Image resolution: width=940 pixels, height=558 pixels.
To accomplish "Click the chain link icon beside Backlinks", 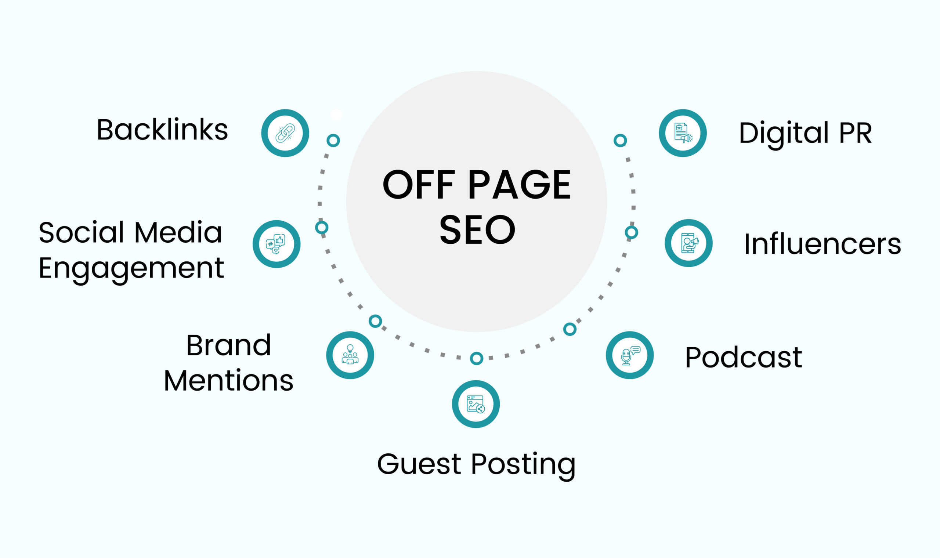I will pyautogui.click(x=285, y=133).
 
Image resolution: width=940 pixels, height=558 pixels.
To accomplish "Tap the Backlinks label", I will pyautogui.click(x=162, y=130).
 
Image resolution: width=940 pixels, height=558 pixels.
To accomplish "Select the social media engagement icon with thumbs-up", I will pyautogui.click(x=276, y=244).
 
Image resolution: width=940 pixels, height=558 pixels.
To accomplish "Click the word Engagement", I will pyautogui.click(x=131, y=268).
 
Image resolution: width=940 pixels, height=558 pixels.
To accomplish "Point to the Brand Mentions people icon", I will pyautogui.click(x=350, y=355).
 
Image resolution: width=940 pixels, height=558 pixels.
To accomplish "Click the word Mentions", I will pyautogui.click(x=228, y=381).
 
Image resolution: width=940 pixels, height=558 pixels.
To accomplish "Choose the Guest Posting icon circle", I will pyautogui.click(x=476, y=404).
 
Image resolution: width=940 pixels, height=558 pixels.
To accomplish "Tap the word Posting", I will pyautogui.click(x=523, y=464).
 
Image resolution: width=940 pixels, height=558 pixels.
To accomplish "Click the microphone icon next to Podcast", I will pyautogui.click(x=629, y=355).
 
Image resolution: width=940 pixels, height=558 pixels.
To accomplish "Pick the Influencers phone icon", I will pyautogui.click(x=688, y=243).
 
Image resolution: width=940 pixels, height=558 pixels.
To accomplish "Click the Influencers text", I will pyautogui.click(x=822, y=244).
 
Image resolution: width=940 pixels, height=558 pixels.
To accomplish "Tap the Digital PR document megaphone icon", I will pyautogui.click(x=683, y=133).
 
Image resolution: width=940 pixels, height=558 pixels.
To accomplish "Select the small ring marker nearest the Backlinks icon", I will pyautogui.click(x=333, y=140).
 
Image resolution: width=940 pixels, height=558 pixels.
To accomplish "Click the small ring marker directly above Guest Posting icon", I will pyautogui.click(x=476, y=358).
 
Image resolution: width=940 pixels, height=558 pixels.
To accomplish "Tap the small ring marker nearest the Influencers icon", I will pyautogui.click(x=631, y=232).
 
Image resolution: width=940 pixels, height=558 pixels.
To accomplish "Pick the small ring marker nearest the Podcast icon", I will pyautogui.click(x=570, y=329).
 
